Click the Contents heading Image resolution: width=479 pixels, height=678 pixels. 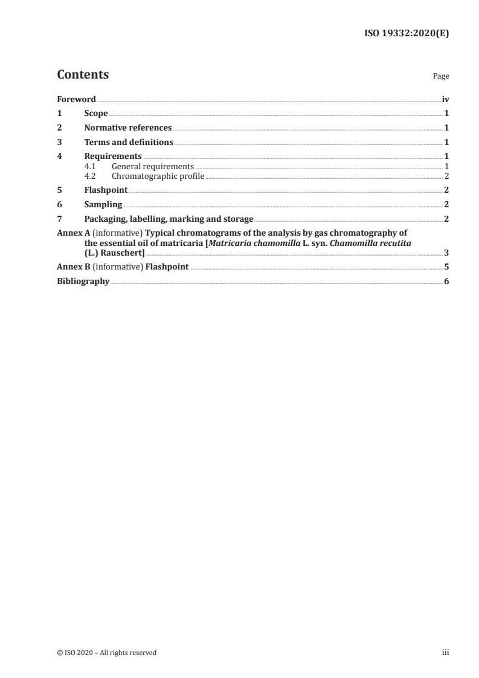(83, 75)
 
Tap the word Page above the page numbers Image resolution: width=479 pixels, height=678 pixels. (441, 77)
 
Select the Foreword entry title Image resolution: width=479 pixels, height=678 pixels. (76, 99)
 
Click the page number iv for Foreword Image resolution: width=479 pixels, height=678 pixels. (445, 99)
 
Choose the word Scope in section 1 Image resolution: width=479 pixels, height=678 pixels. (96, 114)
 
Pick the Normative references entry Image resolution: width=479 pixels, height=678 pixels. (128, 128)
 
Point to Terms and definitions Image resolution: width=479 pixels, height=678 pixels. (129, 143)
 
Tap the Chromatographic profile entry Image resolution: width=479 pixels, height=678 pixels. (158, 176)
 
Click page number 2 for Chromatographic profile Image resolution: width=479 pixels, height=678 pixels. (446, 176)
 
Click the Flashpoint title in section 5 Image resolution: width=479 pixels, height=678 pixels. (106, 190)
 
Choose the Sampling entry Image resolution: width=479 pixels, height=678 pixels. (103, 204)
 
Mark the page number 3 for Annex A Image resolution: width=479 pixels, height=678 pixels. (446, 253)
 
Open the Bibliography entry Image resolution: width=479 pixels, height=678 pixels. (83, 281)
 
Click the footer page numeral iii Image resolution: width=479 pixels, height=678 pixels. (445, 653)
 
